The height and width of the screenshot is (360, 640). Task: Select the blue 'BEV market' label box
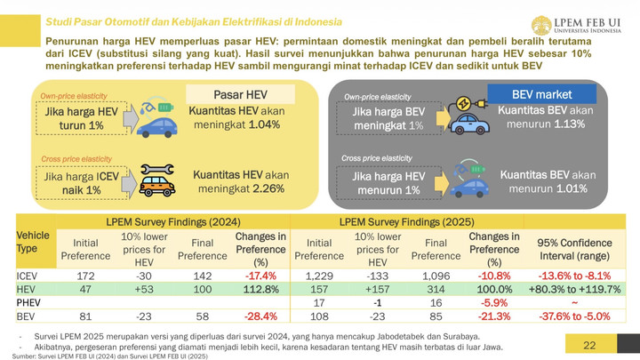click(541, 94)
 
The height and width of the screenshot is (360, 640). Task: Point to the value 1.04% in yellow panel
click(264, 124)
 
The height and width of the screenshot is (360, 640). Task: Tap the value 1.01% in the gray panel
click(569, 188)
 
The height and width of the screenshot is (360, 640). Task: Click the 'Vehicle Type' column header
click(33, 242)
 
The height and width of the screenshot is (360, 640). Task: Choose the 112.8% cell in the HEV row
click(260, 290)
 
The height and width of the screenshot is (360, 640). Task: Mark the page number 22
click(589, 345)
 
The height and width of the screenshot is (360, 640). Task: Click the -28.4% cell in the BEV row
click(260, 316)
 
